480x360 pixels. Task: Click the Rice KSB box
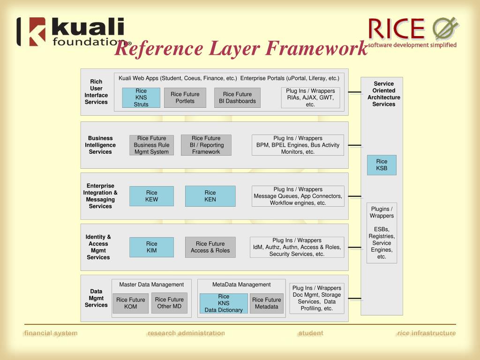382,165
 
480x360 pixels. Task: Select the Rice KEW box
151,196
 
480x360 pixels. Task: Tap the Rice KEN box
210,196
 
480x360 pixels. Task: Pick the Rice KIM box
151,247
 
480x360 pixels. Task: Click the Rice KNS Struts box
141,97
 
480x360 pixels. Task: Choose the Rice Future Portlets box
185,97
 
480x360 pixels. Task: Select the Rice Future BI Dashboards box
237,97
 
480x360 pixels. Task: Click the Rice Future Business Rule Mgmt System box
151,145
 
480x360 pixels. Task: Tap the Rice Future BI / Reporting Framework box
206,145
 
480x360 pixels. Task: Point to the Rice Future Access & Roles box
210,247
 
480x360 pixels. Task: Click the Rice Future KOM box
130,303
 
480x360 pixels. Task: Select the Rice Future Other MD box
169,303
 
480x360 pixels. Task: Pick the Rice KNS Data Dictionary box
224,303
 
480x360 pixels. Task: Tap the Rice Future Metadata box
266,303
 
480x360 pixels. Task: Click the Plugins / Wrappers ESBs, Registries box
382,233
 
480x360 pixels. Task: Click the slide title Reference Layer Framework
241,48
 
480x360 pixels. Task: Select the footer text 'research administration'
186,333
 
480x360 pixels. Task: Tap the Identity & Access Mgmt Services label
98,247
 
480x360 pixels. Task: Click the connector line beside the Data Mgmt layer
354,298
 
